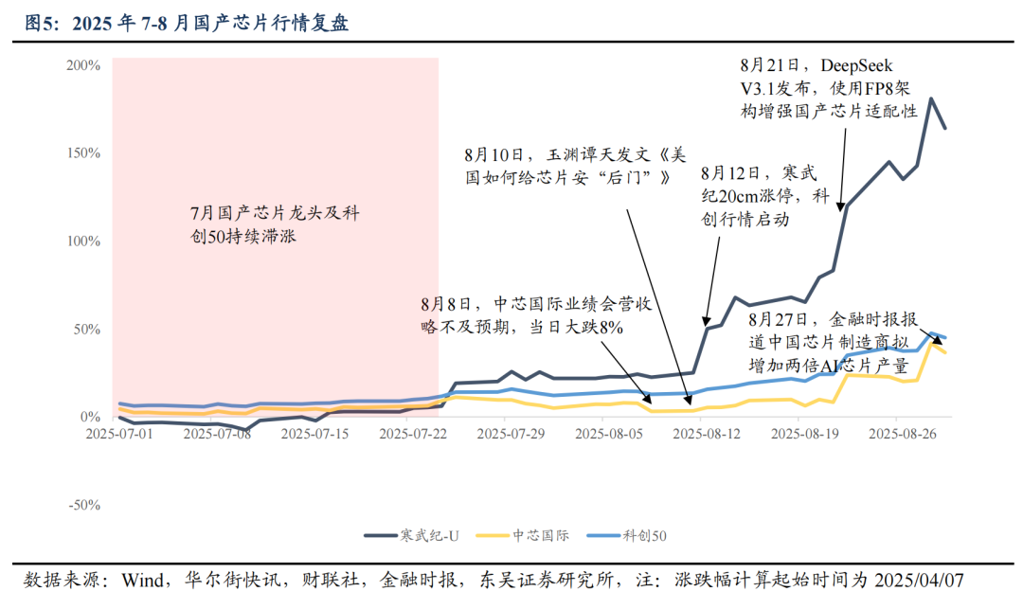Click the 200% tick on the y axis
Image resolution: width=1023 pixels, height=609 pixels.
coord(83,65)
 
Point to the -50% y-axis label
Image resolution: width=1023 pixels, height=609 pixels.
coord(83,505)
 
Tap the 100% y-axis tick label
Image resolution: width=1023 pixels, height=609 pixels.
coord(83,242)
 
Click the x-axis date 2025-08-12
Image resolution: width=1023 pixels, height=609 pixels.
coord(707,434)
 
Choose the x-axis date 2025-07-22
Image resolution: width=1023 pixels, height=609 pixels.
coord(411,434)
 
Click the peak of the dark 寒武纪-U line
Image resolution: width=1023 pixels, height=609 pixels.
coord(931,99)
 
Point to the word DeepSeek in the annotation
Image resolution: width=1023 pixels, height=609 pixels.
coord(856,65)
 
